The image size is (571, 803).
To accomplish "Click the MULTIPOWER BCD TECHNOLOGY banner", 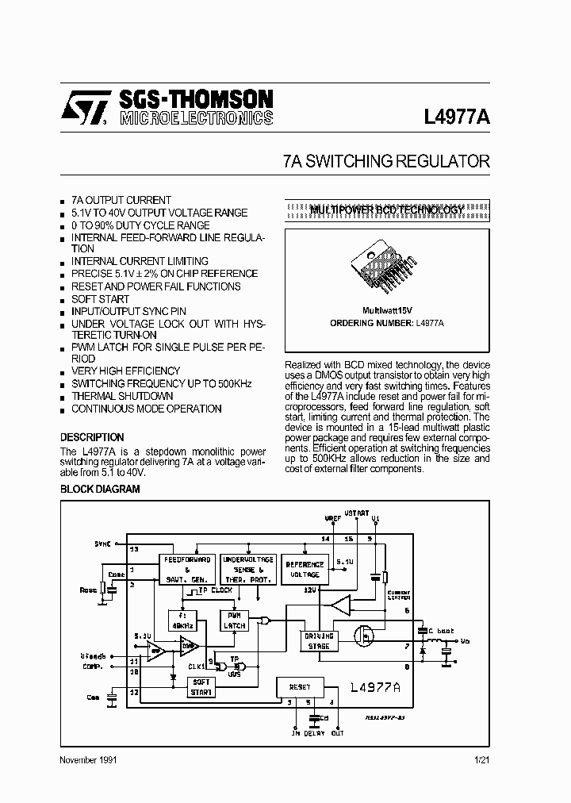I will point(386,209).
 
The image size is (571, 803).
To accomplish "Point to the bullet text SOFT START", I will point(100,299).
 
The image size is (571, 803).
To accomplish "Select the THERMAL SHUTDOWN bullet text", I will point(122,396).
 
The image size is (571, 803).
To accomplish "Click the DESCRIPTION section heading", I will point(92,437).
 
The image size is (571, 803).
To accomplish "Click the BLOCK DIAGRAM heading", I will point(100,490).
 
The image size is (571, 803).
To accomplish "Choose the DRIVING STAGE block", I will point(319,640).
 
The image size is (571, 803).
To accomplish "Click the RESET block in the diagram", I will point(300,687).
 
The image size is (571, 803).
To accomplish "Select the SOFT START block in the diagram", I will point(201,687).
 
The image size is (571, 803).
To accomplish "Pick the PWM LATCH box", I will point(235,620).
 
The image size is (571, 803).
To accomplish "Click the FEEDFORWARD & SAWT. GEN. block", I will point(187,569).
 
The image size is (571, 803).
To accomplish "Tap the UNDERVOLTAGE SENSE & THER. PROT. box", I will point(247,569).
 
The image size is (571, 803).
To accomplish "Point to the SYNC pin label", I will point(103,544).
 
